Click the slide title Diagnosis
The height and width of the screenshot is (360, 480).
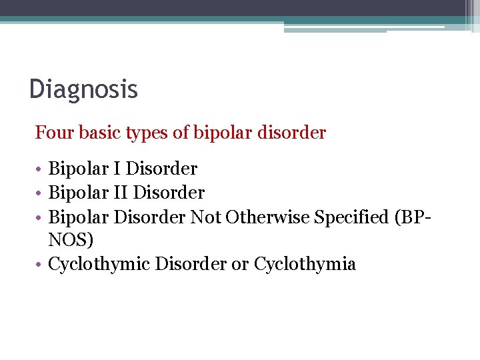click(83, 89)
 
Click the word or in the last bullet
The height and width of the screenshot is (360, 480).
click(239, 264)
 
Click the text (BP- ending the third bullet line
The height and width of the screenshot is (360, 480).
click(413, 217)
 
